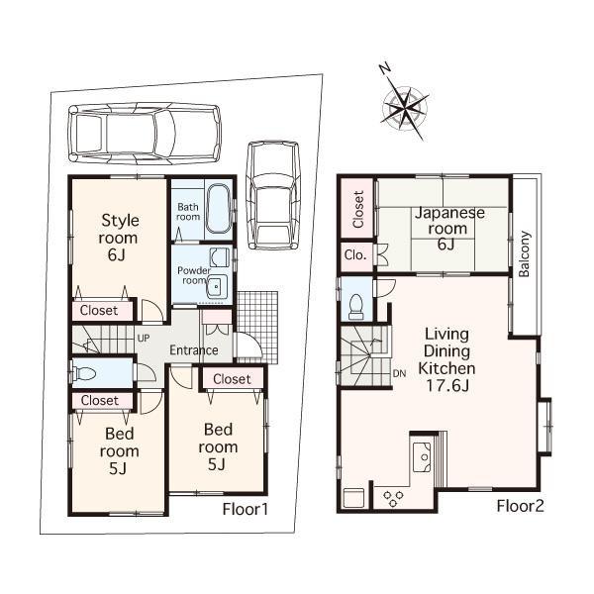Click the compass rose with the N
[x=403, y=102]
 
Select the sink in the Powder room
[x=219, y=287]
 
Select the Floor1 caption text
[x=246, y=510]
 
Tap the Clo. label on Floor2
[x=356, y=254]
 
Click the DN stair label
[x=400, y=373]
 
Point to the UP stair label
[x=143, y=338]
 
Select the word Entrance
[x=193, y=350]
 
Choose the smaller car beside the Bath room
[x=272, y=192]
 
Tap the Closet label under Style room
[x=98, y=311]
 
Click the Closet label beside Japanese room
[x=356, y=209]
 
